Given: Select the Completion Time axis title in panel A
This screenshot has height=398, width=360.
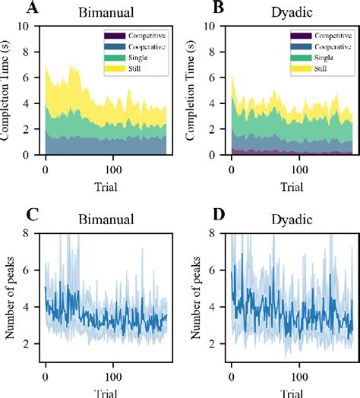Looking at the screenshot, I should tap(10, 91).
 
